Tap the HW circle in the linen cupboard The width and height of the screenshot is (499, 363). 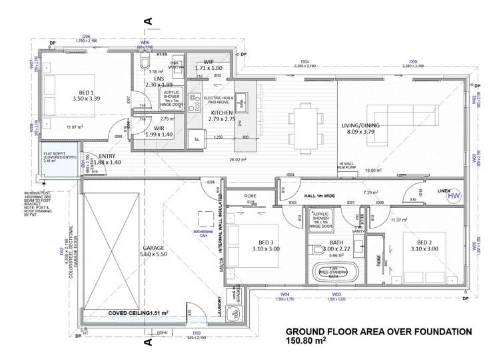454,195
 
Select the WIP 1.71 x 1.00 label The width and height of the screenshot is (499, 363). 209,65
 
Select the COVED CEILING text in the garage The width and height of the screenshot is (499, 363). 129,312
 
